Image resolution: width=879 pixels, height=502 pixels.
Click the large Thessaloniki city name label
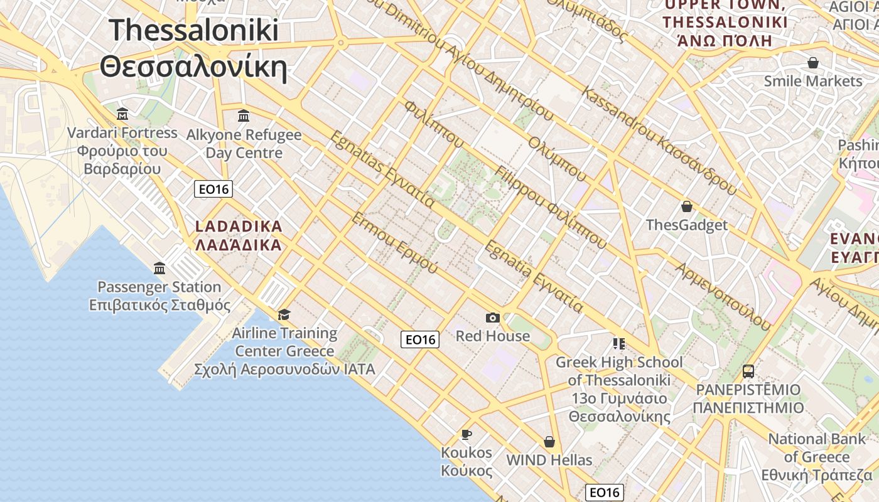(193, 48)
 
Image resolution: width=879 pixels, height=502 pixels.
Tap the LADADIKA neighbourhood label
(239, 235)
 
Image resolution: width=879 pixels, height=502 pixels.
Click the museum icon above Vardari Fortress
(122, 114)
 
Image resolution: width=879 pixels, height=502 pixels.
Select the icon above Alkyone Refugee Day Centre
(244, 116)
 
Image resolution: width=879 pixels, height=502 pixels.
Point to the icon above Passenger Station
(159, 269)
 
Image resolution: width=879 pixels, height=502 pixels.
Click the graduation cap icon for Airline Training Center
(284, 314)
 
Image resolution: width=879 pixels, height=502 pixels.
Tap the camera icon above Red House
(493, 318)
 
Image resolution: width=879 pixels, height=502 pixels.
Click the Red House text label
(493, 336)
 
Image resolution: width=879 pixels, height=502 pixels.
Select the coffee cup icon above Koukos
(466, 434)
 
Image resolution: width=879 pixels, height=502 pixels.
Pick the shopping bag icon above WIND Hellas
(549, 442)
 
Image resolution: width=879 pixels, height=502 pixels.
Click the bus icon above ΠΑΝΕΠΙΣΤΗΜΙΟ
(748, 371)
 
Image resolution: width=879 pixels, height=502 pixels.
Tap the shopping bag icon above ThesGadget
(687, 206)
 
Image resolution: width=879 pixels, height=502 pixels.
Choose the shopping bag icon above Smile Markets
(813, 63)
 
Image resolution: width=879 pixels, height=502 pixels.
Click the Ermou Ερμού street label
(394, 243)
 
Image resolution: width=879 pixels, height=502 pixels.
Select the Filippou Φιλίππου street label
(551, 207)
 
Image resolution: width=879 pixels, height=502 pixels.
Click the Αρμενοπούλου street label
(723, 296)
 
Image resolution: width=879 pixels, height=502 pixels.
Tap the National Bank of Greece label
(817, 457)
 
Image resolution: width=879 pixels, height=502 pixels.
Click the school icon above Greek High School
(618, 343)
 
